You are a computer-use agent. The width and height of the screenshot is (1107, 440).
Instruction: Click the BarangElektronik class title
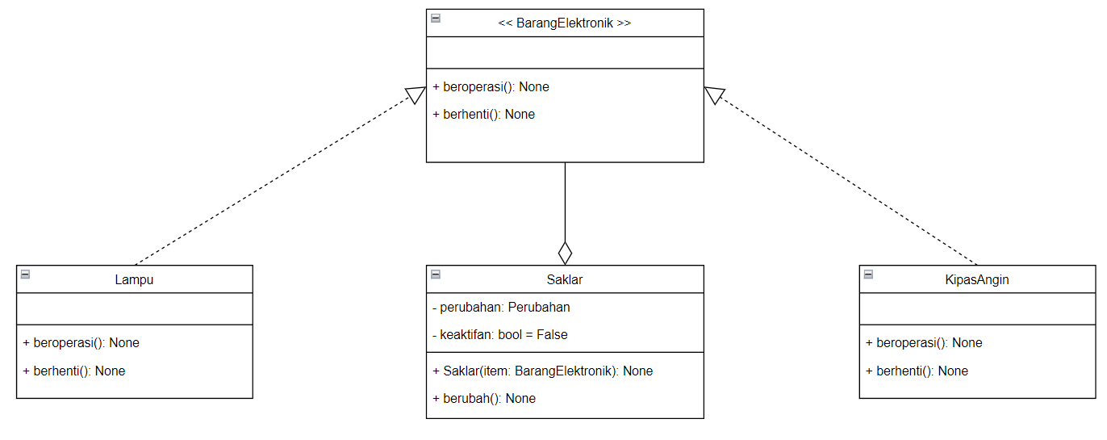click(565, 23)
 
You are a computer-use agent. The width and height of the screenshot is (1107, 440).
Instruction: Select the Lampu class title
click(134, 280)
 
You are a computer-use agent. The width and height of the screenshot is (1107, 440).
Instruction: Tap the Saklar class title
click(565, 280)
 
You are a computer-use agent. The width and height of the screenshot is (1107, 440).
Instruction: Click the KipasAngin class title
click(977, 280)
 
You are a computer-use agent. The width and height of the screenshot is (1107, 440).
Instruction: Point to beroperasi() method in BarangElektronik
click(491, 87)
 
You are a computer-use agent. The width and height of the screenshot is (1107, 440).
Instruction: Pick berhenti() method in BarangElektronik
click(484, 115)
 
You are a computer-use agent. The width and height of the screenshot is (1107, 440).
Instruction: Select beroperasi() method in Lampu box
click(81, 343)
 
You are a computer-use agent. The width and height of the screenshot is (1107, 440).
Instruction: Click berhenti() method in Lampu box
click(74, 371)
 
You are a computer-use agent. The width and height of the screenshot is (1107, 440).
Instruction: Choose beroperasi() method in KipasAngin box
click(924, 343)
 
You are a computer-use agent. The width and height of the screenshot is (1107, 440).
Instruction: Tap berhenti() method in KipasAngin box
click(917, 371)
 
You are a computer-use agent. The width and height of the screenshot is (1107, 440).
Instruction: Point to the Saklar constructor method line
click(543, 371)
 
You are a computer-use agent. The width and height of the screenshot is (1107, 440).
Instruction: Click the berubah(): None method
click(484, 399)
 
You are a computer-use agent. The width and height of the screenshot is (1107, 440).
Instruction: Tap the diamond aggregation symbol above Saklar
click(565, 253)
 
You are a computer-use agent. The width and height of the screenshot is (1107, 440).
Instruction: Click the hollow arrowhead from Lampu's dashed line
click(416, 94)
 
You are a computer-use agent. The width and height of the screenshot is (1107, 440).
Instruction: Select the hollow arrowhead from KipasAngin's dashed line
click(713, 94)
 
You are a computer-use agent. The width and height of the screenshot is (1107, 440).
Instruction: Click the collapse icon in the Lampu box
click(26, 274)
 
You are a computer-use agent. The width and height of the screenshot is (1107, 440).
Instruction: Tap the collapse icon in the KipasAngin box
click(868, 274)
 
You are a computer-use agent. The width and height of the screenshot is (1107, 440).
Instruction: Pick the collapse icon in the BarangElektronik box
click(436, 18)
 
